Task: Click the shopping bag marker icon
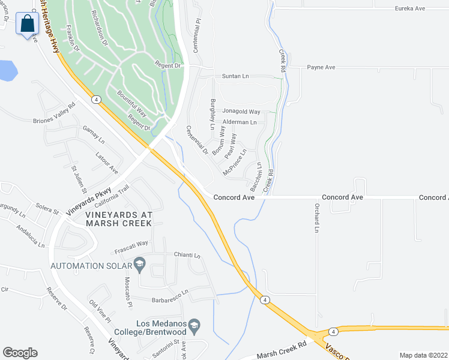click(x=27, y=25)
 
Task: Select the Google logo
click(x=20, y=353)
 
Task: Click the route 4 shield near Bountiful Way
click(x=95, y=99)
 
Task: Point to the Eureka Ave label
click(x=410, y=8)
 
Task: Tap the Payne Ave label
click(x=321, y=67)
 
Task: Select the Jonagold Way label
click(x=241, y=112)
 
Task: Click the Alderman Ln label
click(x=240, y=122)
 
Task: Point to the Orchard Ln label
click(x=316, y=217)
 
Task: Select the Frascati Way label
click(x=132, y=244)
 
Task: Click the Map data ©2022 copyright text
click(x=423, y=355)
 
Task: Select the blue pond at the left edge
click(x=7, y=71)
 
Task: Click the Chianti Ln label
click(x=187, y=255)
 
